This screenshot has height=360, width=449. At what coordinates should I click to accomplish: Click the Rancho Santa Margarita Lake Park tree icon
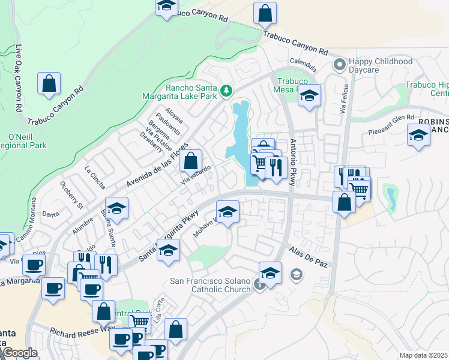point(226,91)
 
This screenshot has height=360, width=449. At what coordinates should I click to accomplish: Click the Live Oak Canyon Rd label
point(19,79)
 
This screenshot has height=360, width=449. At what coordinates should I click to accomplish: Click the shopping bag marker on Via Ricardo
point(191,161)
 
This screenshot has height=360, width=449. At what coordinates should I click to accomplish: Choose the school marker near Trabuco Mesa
point(309,95)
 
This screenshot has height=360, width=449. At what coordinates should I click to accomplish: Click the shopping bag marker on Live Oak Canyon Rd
point(49,84)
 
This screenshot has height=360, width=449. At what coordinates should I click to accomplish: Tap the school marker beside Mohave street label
point(228,212)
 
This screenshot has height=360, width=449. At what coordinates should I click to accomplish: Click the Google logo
point(20,353)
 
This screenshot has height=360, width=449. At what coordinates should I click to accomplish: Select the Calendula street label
point(303,62)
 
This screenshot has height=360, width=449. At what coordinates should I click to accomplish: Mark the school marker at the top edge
point(166,7)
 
